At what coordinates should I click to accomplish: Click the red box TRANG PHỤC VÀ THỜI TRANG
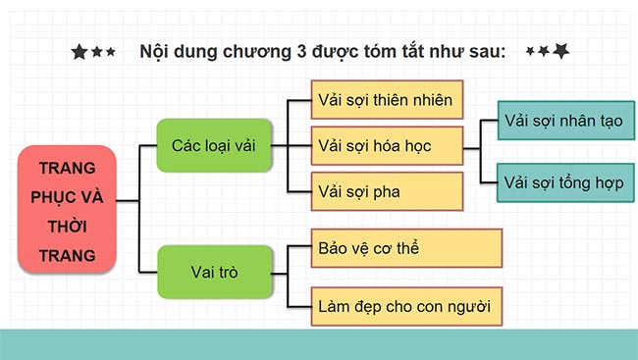[x=67, y=211]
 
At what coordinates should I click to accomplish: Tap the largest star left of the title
[x=80, y=52]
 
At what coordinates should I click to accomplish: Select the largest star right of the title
[x=560, y=50]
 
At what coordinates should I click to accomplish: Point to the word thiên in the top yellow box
[x=385, y=100]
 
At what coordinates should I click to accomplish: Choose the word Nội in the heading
[x=156, y=50]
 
